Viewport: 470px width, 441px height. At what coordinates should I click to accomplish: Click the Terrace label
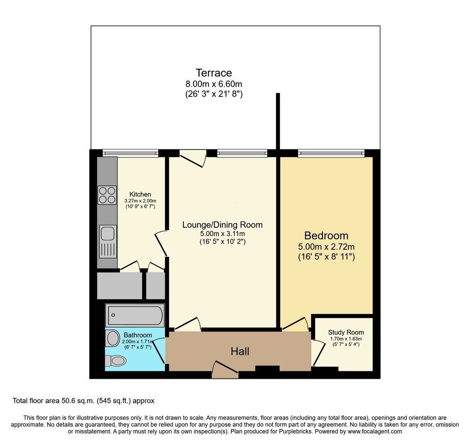pos(214,73)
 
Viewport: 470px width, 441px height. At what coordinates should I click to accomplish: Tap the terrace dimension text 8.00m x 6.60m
pos(214,84)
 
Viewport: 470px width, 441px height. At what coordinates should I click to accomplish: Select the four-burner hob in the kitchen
pos(107,195)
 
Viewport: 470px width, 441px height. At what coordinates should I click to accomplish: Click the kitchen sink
pos(107,241)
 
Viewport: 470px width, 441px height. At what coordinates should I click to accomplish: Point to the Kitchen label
pos(140,194)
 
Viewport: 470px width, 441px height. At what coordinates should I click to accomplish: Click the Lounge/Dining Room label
pos(222,225)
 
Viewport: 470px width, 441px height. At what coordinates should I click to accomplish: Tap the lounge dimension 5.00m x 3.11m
pos(222,233)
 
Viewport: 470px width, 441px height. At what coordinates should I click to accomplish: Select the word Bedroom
pos(326,235)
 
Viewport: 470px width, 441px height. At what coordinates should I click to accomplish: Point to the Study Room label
pos(343,332)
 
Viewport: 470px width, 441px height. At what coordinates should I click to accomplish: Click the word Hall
pos(240,351)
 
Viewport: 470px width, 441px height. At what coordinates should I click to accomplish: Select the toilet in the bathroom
pos(116,361)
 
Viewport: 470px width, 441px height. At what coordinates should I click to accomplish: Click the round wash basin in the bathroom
pos(112,338)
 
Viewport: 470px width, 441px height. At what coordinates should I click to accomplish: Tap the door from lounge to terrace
pos(193,158)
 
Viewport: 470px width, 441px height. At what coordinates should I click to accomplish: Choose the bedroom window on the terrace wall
pos(332,153)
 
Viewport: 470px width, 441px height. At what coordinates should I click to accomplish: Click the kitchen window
pos(130,153)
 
